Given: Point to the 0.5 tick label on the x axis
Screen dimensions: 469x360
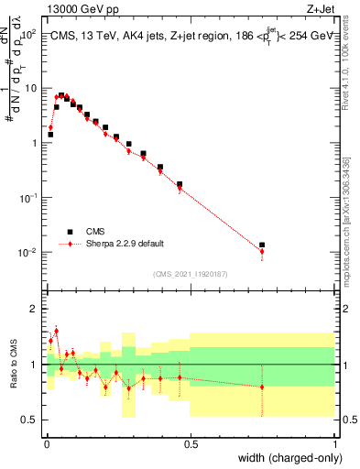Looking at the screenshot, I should pos(191,444).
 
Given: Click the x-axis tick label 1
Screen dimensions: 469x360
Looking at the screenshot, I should pos(335,444).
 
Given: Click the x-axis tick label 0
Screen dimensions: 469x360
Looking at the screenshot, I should pos(46,444).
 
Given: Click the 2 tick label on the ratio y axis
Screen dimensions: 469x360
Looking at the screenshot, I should pos(34,310).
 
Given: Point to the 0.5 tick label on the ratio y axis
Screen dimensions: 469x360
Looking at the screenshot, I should pos(30,420).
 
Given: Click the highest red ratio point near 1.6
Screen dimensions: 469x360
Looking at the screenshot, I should pos(56,331).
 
